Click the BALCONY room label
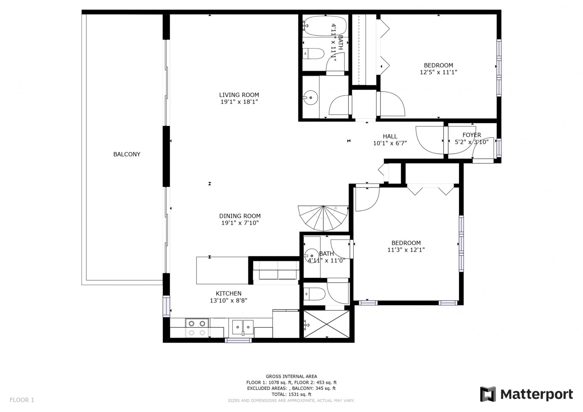click(x=127, y=154)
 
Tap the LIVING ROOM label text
click(x=239, y=95)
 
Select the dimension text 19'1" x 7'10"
click(x=240, y=223)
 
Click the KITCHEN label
click(x=229, y=293)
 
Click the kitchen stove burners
click(x=197, y=328)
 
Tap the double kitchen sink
click(x=243, y=327)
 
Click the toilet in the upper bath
click(x=313, y=54)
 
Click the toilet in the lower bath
click(x=314, y=294)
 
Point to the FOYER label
click(x=472, y=135)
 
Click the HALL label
click(x=390, y=136)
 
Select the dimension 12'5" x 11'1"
click(x=438, y=72)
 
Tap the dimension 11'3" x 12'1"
click(x=406, y=250)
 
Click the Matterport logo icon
click(x=488, y=394)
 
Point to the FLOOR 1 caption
click(x=22, y=400)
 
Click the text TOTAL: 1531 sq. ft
click(x=291, y=394)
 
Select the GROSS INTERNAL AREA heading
click(x=291, y=377)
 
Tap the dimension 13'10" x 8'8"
click(x=229, y=301)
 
